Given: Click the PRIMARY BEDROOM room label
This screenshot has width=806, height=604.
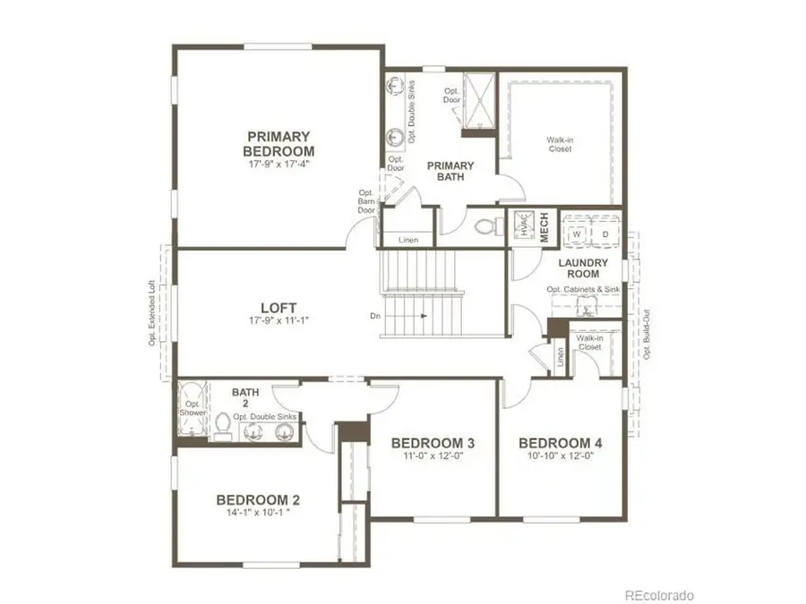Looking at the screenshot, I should (x=280, y=143).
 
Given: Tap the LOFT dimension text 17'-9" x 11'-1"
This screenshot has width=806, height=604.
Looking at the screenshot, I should (x=279, y=319).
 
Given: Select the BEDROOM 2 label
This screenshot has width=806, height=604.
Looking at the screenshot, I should (x=257, y=499).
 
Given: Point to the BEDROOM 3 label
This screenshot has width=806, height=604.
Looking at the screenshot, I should (x=433, y=443).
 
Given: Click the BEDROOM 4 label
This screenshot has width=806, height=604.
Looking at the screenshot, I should (x=561, y=443).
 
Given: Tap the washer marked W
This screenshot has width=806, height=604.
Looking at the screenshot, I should (x=578, y=234).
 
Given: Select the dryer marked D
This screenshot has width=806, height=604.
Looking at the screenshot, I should (x=604, y=234).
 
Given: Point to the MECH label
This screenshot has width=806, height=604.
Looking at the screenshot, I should (x=543, y=227).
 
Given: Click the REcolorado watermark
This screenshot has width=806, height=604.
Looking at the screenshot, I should (x=658, y=594).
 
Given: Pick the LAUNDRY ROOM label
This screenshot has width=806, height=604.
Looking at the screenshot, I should (x=583, y=268).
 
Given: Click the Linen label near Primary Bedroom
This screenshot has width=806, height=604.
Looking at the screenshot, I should (x=407, y=239).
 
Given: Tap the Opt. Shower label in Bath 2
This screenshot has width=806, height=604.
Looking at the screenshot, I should (x=193, y=407).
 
